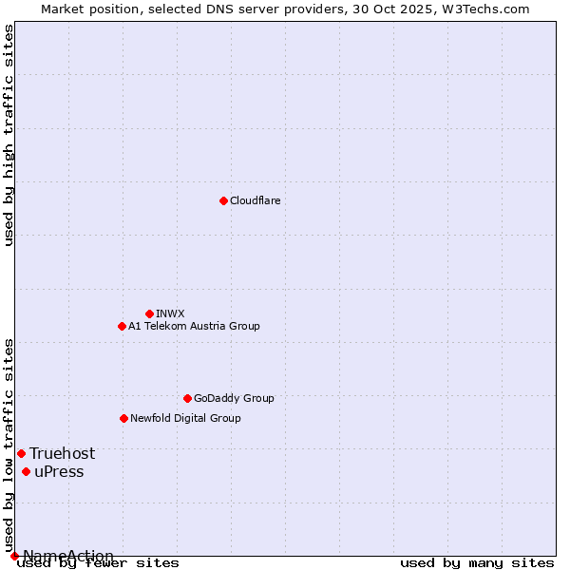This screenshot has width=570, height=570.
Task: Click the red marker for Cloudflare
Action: click(223, 200)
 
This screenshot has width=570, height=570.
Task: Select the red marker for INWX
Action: click(149, 313)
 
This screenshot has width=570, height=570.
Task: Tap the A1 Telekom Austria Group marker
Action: click(122, 326)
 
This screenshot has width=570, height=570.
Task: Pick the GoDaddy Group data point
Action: click(187, 398)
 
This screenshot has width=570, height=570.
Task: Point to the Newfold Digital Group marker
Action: click(123, 418)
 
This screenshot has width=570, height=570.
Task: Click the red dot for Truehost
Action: click(21, 453)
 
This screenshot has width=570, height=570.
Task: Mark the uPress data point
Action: click(26, 472)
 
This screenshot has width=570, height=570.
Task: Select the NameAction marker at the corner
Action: click(14, 556)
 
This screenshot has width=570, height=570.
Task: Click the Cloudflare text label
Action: click(255, 200)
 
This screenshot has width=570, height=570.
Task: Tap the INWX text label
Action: click(170, 313)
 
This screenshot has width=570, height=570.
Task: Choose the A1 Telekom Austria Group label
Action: click(194, 326)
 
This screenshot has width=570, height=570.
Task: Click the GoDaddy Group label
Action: click(234, 398)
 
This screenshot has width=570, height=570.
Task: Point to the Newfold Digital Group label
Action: click(185, 418)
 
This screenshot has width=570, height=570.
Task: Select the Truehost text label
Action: click(62, 453)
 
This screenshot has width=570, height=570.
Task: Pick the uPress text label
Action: click(59, 472)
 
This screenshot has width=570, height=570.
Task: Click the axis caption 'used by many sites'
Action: click(477, 563)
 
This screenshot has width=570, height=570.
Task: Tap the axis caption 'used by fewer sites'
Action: click(99, 563)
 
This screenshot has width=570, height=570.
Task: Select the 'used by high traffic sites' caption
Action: click(9, 135)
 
